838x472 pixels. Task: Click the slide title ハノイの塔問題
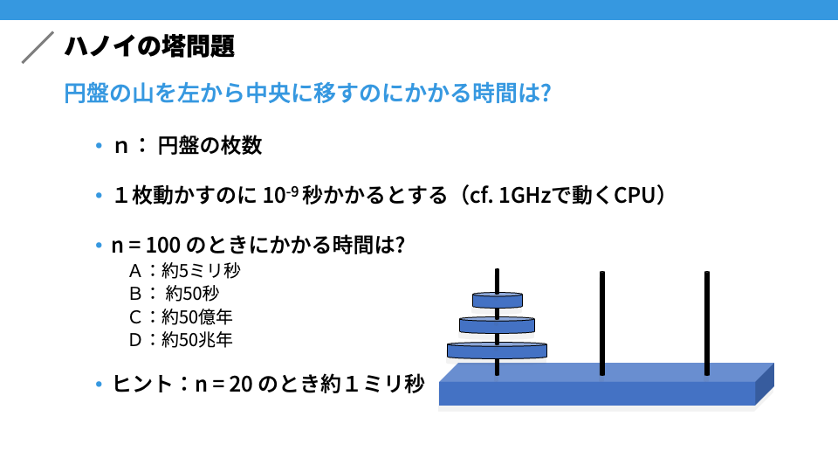(149, 46)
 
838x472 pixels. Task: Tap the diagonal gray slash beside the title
(38, 47)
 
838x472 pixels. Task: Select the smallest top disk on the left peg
(497, 300)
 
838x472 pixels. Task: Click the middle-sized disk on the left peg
(497, 325)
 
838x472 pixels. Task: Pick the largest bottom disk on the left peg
(497, 351)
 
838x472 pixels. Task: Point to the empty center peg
(601, 323)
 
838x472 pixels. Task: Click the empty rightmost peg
(706, 323)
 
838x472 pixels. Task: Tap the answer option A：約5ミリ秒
(185, 271)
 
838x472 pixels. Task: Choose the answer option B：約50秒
(175, 294)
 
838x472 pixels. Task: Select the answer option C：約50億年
(181, 316)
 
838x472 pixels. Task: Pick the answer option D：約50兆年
(181, 340)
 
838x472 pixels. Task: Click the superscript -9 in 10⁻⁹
(292, 190)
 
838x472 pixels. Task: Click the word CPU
(635, 195)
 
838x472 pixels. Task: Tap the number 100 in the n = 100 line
(163, 245)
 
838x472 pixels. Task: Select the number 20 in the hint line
(241, 385)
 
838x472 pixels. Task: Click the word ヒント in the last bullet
(142, 385)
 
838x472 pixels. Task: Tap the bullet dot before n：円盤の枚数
(99, 145)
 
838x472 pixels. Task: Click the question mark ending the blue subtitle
(545, 94)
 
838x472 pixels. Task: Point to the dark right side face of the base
(765, 384)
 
